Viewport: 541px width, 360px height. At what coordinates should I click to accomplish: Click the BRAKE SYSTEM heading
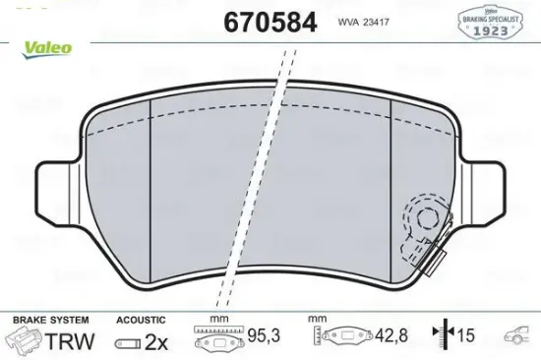click(49, 320)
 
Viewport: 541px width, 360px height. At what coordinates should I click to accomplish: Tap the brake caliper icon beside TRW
click(23, 341)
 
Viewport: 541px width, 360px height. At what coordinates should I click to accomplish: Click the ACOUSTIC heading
click(141, 320)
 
